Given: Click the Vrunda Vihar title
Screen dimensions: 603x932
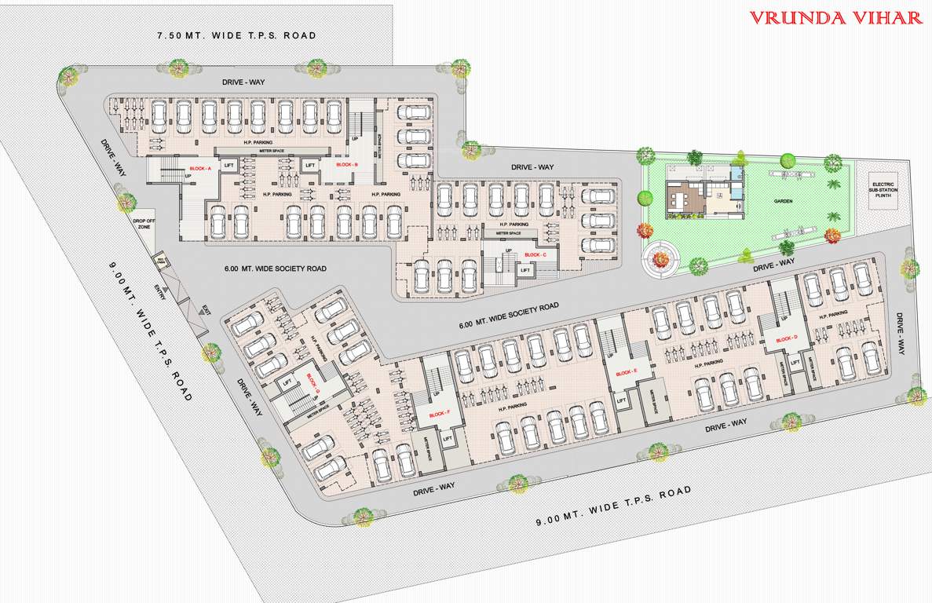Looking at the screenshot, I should pos(835,17).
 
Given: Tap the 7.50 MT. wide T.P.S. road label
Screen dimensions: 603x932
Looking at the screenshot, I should pos(236,35).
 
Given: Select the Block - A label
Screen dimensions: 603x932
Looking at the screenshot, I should pos(199,169).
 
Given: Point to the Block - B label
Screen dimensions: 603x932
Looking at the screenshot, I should pos(347,165).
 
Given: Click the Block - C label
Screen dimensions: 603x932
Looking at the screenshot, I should pos(535,255).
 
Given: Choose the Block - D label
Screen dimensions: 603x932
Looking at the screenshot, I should pos(786,339).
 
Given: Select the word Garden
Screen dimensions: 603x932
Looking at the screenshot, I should pos(782,201).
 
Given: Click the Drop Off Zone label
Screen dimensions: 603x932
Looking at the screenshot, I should pos(143,225).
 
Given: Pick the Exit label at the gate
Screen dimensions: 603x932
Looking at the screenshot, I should pos(206,311).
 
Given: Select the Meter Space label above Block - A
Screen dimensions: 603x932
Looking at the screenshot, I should pos(261,151).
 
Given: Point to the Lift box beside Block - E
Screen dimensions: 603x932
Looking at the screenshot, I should pos(621,400).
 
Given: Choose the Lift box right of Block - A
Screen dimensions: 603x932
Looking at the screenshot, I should pos(229,166).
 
